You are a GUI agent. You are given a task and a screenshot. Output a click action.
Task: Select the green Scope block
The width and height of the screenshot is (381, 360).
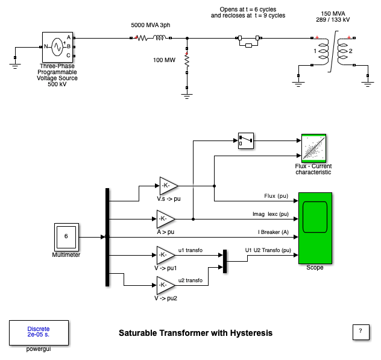[315, 228]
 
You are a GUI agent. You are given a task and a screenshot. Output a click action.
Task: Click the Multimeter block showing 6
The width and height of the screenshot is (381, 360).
[66, 237]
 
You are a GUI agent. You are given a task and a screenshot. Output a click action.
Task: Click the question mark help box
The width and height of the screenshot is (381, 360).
[360, 332]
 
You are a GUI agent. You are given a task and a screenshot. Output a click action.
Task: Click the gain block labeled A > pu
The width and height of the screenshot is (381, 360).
[165, 218]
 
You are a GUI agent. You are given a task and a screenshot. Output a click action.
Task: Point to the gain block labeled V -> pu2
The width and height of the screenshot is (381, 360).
[165, 285]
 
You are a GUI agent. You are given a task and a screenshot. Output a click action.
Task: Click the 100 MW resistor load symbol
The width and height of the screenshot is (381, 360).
[187, 62]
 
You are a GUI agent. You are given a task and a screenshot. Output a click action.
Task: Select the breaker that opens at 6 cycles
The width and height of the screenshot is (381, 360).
[248, 40]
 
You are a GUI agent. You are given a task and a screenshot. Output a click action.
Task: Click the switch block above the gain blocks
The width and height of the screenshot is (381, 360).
[245, 141]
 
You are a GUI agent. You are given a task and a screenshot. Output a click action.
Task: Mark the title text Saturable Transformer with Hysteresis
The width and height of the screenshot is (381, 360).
[195, 333]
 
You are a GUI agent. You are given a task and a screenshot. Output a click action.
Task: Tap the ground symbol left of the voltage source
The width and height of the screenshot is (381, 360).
[16, 58]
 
